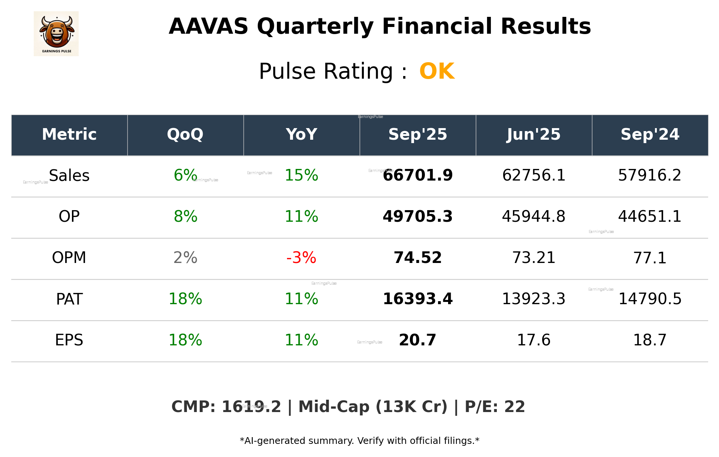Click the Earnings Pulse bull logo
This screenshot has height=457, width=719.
click(56, 34)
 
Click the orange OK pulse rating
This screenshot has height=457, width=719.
click(436, 71)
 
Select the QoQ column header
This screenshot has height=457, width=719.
click(185, 134)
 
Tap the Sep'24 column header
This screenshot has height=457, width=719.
click(650, 134)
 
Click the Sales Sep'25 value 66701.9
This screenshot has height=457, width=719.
click(417, 175)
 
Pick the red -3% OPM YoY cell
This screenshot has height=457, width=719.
click(301, 258)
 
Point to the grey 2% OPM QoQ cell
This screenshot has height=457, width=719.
click(185, 258)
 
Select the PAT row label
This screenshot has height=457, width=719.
click(69, 299)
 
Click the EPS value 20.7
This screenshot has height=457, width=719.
click(417, 340)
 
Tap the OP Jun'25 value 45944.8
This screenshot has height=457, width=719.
click(534, 217)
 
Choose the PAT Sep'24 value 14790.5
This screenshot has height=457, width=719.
click(650, 299)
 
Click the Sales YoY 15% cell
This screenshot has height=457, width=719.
click(301, 175)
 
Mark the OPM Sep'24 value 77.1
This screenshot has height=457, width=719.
click(650, 258)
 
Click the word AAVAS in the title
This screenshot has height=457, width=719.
click(208, 27)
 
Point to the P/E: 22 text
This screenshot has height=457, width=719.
click(495, 407)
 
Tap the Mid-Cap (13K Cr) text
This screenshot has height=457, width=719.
click(372, 407)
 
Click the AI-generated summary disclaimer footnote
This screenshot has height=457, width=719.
click(359, 441)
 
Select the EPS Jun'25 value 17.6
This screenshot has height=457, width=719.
click(534, 340)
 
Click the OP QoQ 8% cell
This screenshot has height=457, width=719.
click(185, 217)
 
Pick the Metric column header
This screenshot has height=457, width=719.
click(69, 134)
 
